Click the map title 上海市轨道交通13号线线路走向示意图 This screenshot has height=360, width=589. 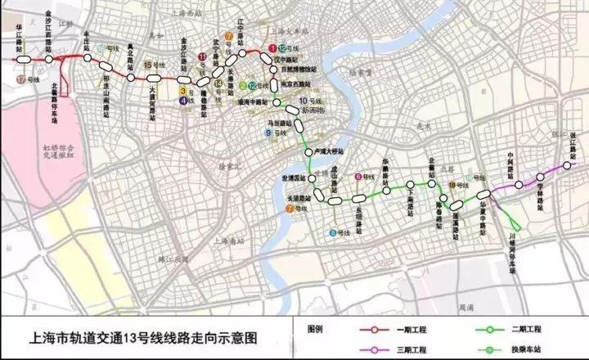[144, 336]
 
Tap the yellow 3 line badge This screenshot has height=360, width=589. [183, 92]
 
